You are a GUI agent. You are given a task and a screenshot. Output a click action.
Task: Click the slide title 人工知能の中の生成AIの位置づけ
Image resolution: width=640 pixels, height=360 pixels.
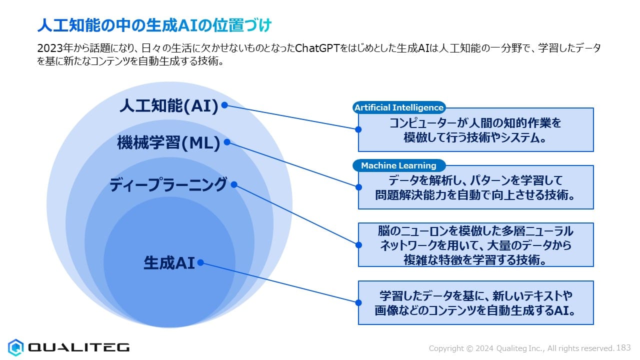click(154, 25)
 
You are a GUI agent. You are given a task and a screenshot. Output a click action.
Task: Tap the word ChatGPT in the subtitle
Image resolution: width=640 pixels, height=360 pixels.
click(317, 48)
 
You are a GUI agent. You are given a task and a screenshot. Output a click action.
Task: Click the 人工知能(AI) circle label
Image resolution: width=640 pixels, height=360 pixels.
click(169, 106)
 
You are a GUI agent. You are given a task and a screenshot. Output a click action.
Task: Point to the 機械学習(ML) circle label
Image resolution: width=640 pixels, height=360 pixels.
click(169, 142)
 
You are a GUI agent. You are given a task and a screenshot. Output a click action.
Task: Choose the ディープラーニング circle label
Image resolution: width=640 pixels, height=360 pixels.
click(168, 184)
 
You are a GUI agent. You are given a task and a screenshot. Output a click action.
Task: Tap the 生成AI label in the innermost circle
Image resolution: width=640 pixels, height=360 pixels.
click(169, 263)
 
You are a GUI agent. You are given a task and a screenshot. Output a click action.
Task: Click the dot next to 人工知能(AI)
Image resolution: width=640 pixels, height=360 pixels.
click(224, 105)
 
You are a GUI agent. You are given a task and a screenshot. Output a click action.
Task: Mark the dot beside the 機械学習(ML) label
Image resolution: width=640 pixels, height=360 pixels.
click(227, 142)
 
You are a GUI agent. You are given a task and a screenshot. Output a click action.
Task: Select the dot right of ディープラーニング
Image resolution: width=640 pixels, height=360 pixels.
click(234, 184)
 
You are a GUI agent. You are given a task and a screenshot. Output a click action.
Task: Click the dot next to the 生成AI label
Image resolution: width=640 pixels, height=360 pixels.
click(200, 262)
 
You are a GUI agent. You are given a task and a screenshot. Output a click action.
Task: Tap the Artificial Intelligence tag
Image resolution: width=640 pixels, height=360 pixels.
click(399, 107)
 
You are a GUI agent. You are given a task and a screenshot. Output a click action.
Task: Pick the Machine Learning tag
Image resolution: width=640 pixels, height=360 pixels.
click(399, 165)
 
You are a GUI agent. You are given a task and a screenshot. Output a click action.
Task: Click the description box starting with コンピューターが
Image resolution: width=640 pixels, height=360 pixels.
click(476, 129)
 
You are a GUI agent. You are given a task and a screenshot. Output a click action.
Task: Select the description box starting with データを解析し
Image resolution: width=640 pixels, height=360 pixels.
click(476, 187)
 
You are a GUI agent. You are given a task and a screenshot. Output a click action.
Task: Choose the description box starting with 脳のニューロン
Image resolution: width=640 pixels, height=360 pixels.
click(476, 245)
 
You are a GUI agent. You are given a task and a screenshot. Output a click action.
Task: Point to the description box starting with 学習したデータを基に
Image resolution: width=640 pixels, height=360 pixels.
click(476, 303)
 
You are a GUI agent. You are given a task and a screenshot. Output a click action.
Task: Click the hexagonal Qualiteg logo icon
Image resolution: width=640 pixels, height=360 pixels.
click(15, 347)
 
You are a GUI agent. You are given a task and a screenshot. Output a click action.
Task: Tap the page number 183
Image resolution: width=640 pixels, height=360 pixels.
click(623, 347)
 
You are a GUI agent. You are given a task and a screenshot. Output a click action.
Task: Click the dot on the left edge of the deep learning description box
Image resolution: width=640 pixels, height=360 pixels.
click(358, 245)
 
